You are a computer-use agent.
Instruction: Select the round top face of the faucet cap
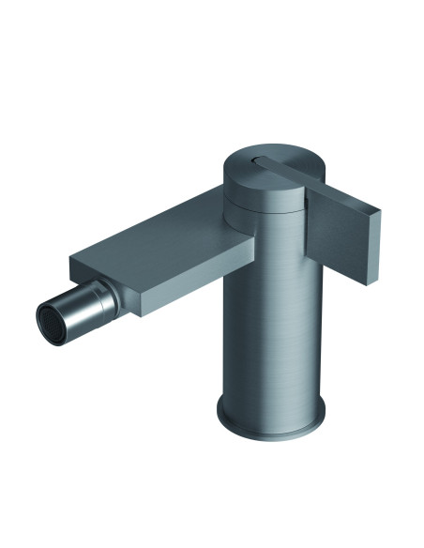pos(272,161)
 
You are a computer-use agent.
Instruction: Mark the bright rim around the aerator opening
pos(42,316)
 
